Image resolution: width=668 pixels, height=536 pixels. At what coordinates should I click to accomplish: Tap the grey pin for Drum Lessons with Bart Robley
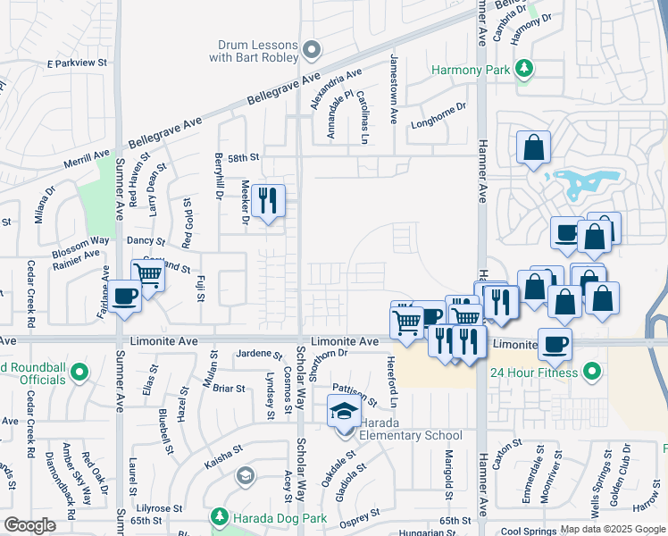[x=311, y=49]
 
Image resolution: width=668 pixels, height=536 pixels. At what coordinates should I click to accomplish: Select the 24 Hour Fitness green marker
[x=590, y=372]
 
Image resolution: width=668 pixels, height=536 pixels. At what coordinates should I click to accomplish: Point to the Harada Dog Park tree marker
[x=220, y=516]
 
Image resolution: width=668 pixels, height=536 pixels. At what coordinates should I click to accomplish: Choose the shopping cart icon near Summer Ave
[x=147, y=274]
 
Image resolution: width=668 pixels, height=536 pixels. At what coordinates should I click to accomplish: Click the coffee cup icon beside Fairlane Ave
[x=125, y=296]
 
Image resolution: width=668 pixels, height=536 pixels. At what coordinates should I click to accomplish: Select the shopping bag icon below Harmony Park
[x=533, y=147]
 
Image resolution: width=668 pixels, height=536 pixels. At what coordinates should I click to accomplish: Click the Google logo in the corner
[x=29, y=525]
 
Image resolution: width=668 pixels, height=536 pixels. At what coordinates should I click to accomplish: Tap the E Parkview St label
[x=77, y=63]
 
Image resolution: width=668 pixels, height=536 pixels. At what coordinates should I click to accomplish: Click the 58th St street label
[x=242, y=157]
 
